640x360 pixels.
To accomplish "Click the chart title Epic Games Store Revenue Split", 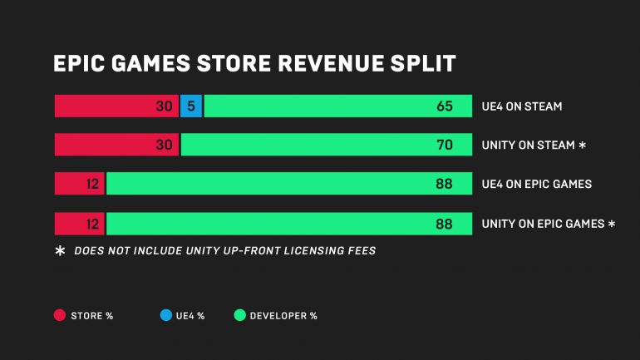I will (x=254, y=64).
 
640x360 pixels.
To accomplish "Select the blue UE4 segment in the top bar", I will (x=191, y=106).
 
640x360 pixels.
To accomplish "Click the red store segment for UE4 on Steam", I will (x=116, y=106).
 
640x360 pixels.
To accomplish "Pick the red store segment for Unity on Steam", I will (x=116, y=145).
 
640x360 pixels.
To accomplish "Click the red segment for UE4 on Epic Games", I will (x=79, y=184).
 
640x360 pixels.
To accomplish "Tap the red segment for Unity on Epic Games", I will (x=79, y=224).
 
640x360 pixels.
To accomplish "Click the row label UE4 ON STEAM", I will (x=522, y=106).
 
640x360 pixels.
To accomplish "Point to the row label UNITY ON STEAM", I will (x=529, y=145).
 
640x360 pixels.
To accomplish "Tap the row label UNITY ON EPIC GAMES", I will (x=544, y=224).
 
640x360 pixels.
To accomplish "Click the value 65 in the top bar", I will (x=444, y=106).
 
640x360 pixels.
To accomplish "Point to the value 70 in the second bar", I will (x=444, y=145).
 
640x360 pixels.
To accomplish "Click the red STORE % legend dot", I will (x=60, y=315).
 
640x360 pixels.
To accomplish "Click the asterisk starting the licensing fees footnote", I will (x=60, y=250).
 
